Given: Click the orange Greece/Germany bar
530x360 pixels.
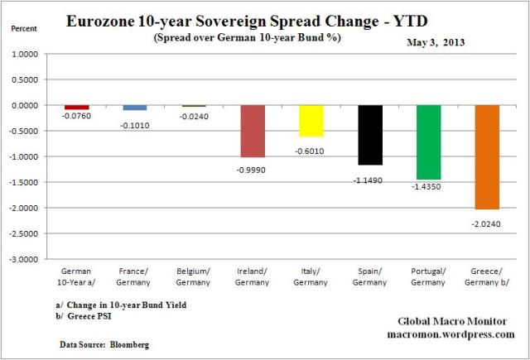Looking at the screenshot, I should pyautogui.click(x=487, y=157).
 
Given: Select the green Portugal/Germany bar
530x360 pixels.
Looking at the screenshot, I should pyautogui.click(x=428, y=142).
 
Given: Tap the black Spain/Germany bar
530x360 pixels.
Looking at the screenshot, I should pyautogui.click(x=370, y=135).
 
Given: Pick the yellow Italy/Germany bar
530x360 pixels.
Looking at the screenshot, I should pyautogui.click(x=311, y=121).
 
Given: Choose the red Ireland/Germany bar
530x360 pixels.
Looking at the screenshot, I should pyautogui.click(x=253, y=131).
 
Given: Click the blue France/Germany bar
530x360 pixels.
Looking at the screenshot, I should pyautogui.click(x=135, y=108).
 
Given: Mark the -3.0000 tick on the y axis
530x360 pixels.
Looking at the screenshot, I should pyautogui.click(x=31, y=259).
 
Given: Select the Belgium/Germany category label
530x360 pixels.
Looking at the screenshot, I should pyautogui.click(x=194, y=275).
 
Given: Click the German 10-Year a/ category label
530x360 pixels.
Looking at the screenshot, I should pyautogui.click(x=76, y=275).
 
